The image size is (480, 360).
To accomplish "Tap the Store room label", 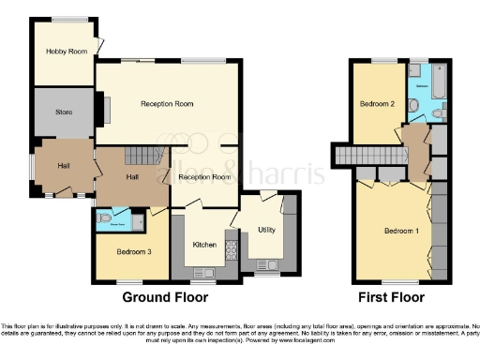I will tap(63, 112).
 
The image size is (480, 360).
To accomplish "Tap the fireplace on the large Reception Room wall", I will tap(106, 111).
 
